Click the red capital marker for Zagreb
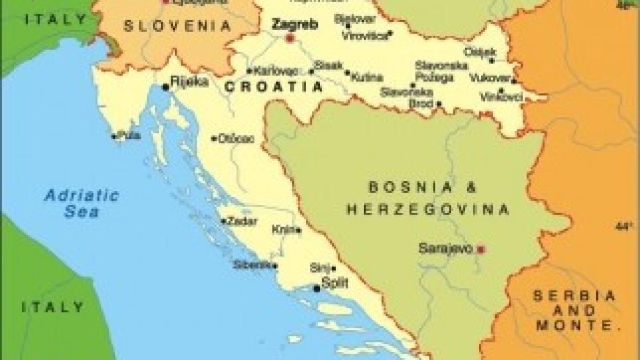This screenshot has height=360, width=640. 290,38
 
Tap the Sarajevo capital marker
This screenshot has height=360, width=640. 480,249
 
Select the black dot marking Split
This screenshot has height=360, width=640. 317,289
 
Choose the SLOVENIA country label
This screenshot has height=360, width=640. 178,25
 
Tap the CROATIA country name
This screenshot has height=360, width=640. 274,86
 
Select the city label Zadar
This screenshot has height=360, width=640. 242,221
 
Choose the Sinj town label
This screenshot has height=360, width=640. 319,268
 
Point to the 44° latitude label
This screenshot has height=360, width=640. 623,226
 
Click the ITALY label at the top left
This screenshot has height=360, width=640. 56,20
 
